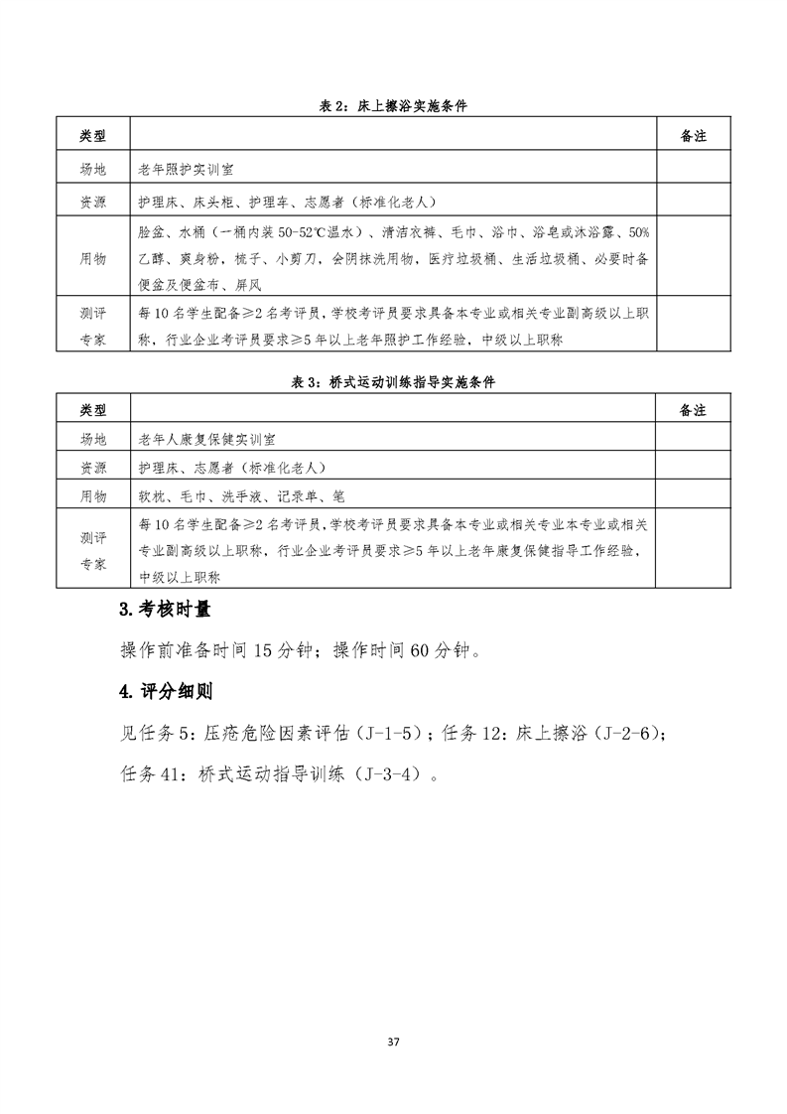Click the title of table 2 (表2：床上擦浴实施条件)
[x=393, y=107]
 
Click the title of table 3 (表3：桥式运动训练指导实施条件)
[x=393, y=381]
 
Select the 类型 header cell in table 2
[x=92, y=136]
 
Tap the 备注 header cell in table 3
[x=693, y=409]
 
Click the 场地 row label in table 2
[x=92, y=170]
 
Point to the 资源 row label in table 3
[x=92, y=467]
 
